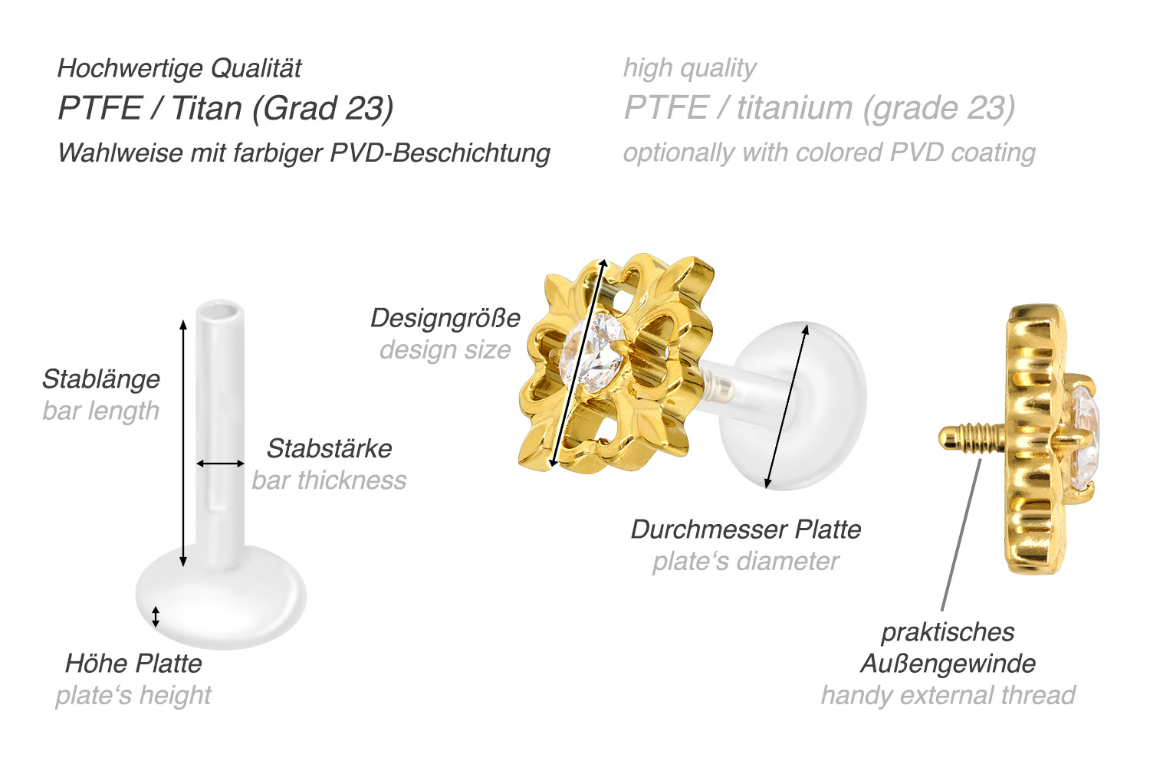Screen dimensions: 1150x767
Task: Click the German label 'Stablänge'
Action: [x=101, y=379]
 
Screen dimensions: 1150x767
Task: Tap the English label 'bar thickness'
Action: [x=329, y=480]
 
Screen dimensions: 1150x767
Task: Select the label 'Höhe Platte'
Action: [x=133, y=664]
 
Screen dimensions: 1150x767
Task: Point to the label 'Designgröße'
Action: [x=445, y=319]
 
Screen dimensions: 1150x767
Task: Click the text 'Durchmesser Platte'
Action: [x=746, y=529]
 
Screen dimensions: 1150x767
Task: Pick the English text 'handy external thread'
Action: [x=948, y=696]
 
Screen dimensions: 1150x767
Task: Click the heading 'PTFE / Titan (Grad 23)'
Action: [x=225, y=108]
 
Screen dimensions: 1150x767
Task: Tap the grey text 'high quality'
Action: [x=689, y=68]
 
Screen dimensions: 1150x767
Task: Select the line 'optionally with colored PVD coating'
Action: [x=829, y=153]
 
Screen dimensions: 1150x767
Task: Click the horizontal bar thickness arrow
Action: [x=220, y=464]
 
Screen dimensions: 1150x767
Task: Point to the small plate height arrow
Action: [x=156, y=617]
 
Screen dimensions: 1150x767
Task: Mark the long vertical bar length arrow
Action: [x=183, y=443]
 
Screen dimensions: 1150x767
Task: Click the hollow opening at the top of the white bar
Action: [x=220, y=310]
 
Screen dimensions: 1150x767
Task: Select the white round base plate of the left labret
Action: [x=221, y=597]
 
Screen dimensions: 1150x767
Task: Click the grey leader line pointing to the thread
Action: [x=961, y=534]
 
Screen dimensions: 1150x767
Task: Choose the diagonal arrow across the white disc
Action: [x=786, y=406]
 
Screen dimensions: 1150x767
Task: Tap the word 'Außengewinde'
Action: [x=948, y=664]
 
